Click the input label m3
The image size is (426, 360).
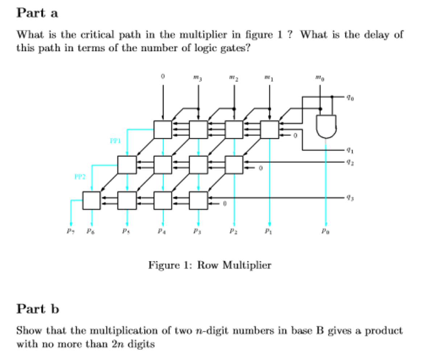(x=198, y=77)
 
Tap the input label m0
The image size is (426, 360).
(x=319, y=77)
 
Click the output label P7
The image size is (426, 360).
(x=71, y=230)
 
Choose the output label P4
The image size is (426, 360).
(x=163, y=230)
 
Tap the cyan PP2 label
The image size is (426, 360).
(x=80, y=176)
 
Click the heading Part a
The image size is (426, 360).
(x=37, y=13)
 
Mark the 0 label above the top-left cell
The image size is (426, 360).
(x=163, y=77)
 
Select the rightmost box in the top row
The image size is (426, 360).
(x=269, y=129)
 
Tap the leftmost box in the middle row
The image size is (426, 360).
(x=127, y=165)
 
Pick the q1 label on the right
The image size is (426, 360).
(x=348, y=148)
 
